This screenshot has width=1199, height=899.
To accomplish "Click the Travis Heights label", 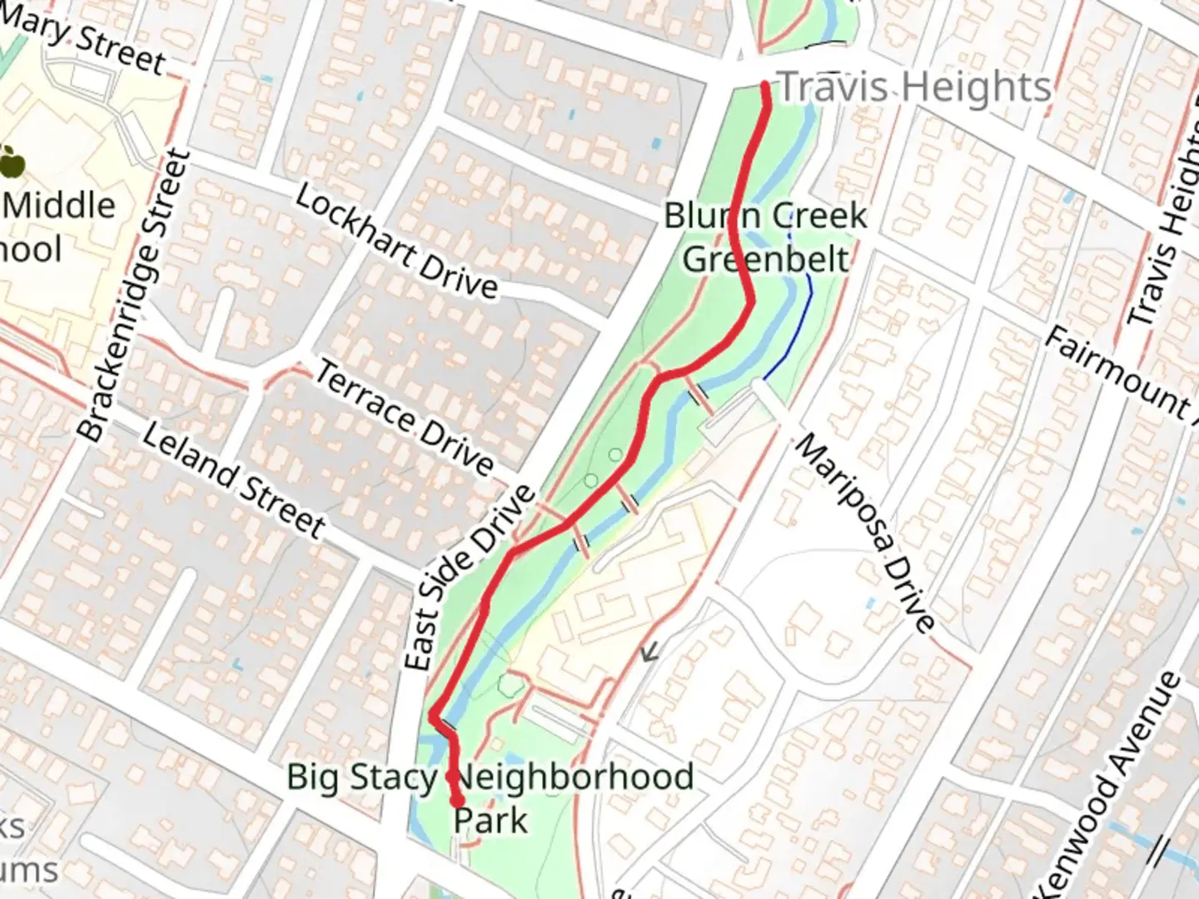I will point(913,87).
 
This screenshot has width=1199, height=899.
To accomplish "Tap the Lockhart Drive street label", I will point(396,242).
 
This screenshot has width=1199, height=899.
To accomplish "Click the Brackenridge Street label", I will point(134,296).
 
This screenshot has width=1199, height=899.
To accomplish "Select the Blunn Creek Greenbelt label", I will point(765,237).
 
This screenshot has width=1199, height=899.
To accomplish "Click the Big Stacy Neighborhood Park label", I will point(490,797).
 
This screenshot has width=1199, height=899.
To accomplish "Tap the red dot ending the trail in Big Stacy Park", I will point(458,801).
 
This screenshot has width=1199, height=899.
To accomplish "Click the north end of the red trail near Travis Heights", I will point(765,84).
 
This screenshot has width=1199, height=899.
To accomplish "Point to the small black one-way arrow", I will point(649,652).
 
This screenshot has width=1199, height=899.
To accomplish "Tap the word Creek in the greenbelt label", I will point(822,216).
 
